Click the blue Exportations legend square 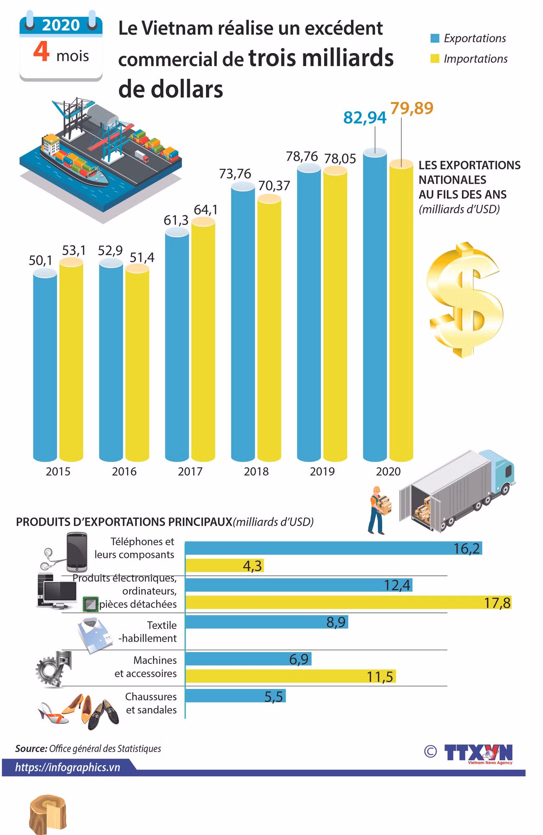435,38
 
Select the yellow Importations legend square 435,59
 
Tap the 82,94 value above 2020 365,118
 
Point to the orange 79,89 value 412,108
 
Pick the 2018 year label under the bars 256,471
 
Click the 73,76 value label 235,173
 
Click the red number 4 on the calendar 41,52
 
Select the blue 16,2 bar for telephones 333,548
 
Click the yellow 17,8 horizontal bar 348,602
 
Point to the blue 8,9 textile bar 266,622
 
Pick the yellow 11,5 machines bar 290,676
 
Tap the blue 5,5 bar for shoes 236,696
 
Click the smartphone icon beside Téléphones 77,552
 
